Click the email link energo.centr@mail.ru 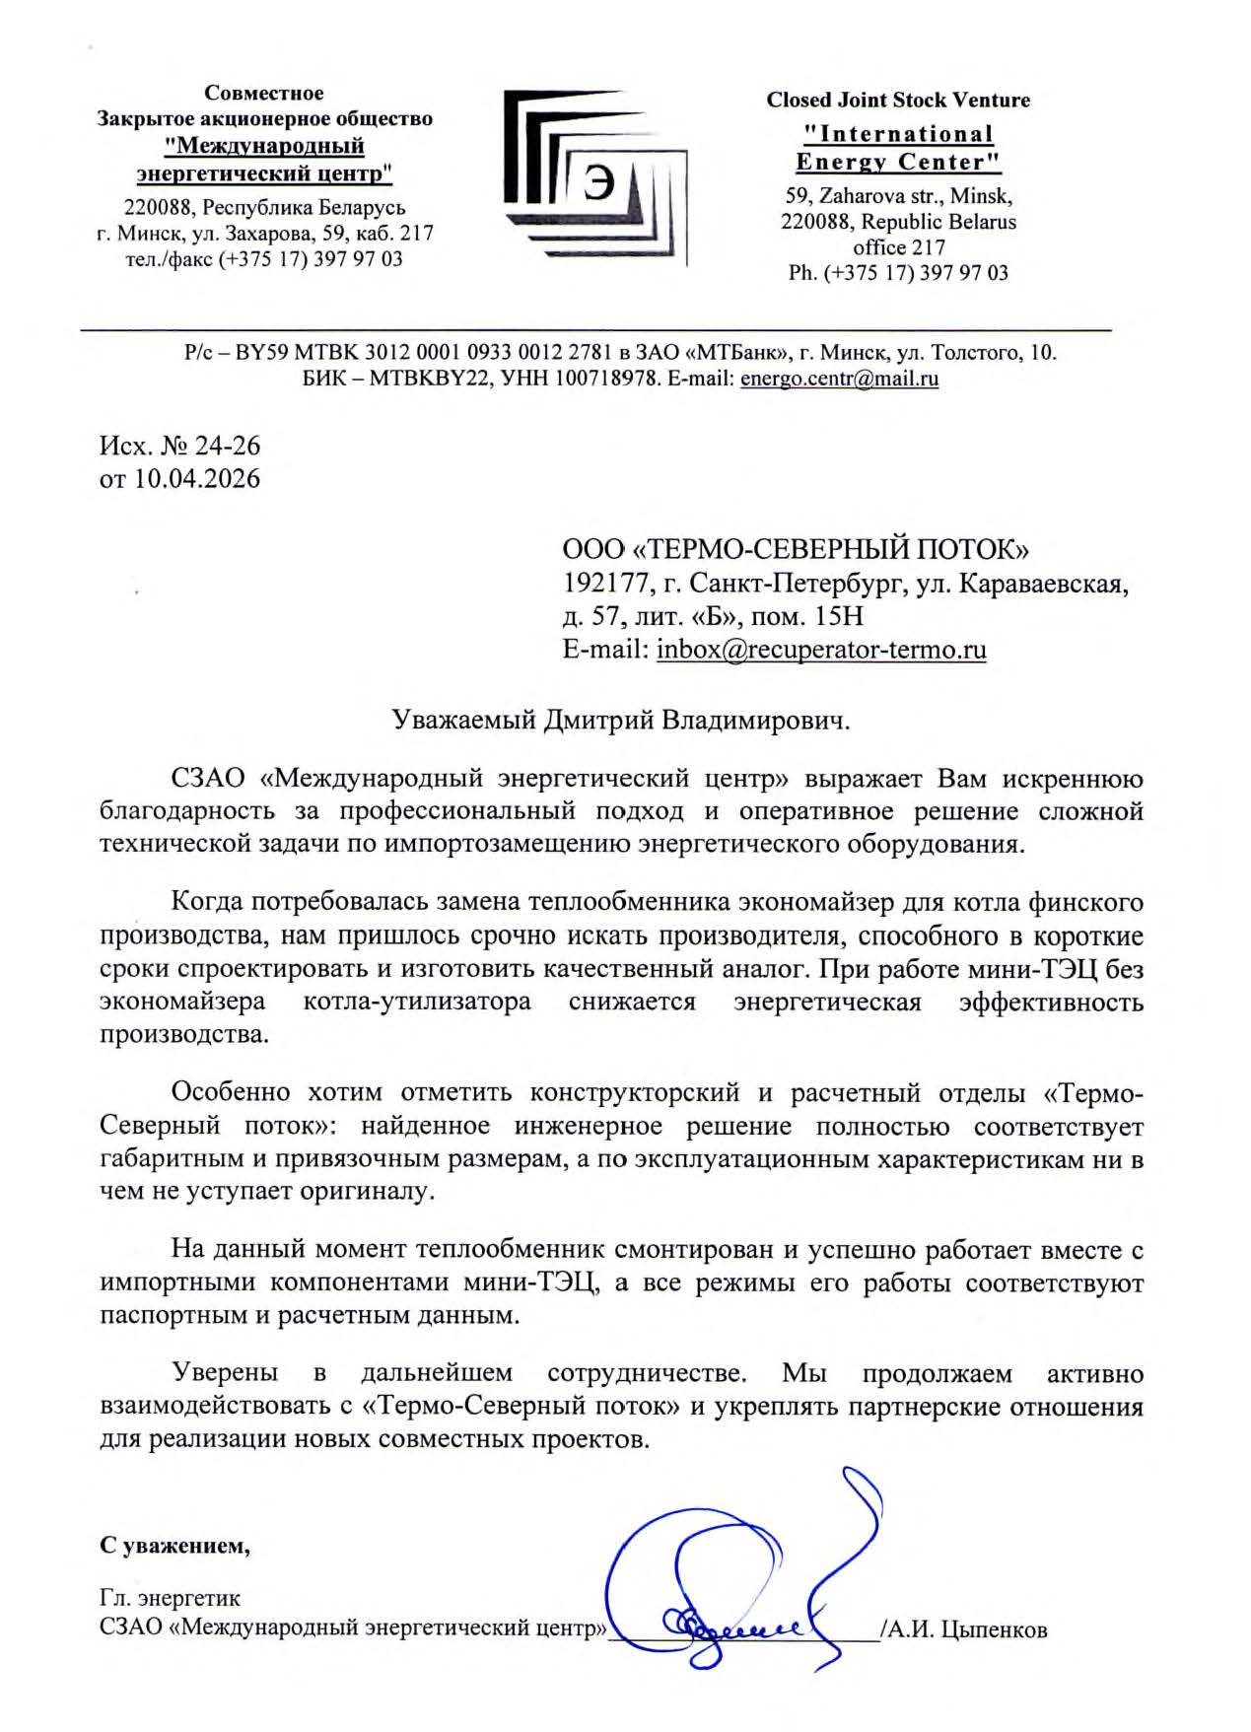(x=839, y=379)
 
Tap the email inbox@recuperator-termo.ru (x=821, y=650)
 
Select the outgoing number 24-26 (x=228, y=446)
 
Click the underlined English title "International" (x=898, y=134)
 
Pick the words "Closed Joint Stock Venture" (x=898, y=100)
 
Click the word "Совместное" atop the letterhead (x=264, y=93)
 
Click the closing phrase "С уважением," (x=174, y=1545)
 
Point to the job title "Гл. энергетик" (x=170, y=1597)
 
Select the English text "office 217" (x=898, y=247)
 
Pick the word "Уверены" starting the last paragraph (x=225, y=1373)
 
